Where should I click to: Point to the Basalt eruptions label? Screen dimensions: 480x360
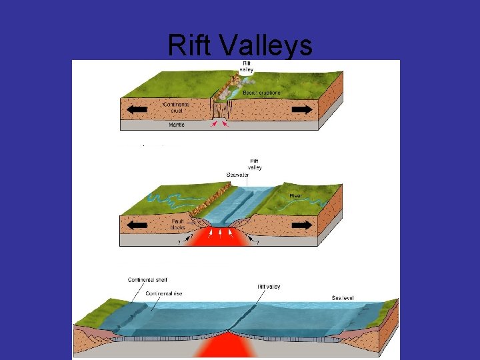pyautogui.click(x=262, y=92)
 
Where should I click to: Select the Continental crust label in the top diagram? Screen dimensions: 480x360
pyautogui.click(x=176, y=107)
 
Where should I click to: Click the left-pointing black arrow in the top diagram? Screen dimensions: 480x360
pyautogui.click(x=137, y=109)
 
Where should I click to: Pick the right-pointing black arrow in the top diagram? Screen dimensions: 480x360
pyautogui.click(x=302, y=109)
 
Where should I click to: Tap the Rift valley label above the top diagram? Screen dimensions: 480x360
pyautogui.click(x=247, y=67)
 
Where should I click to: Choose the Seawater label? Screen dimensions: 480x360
pyautogui.click(x=238, y=175)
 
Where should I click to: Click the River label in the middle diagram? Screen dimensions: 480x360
pyautogui.click(x=296, y=196)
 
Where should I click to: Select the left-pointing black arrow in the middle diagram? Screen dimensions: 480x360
pyautogui.click(x=137, y=225)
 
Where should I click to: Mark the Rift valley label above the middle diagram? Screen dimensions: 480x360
pyautogui.click(x=255, y=164)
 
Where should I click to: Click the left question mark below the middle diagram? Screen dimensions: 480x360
pyautogui.click(x=178, y=243)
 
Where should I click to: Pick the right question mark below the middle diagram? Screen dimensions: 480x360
pyautogui.click(x=257, y=243)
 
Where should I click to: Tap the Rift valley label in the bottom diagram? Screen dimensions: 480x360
pyautogui.click(x=269, y=287)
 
